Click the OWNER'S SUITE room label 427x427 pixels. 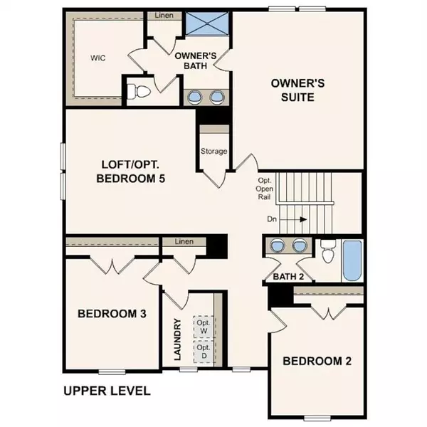coord(298,90)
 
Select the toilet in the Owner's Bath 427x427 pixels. coord(139,91)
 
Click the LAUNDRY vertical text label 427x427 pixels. coord(178,339)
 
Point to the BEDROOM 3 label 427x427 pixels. coord(112,313)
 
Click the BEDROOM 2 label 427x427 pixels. coord(317,361)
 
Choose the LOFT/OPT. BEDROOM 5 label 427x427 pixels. coord(131,172)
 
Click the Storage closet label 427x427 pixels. coord(213,152)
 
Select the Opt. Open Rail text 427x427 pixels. coord(265,189)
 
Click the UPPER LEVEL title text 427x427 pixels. coord(107,391)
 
